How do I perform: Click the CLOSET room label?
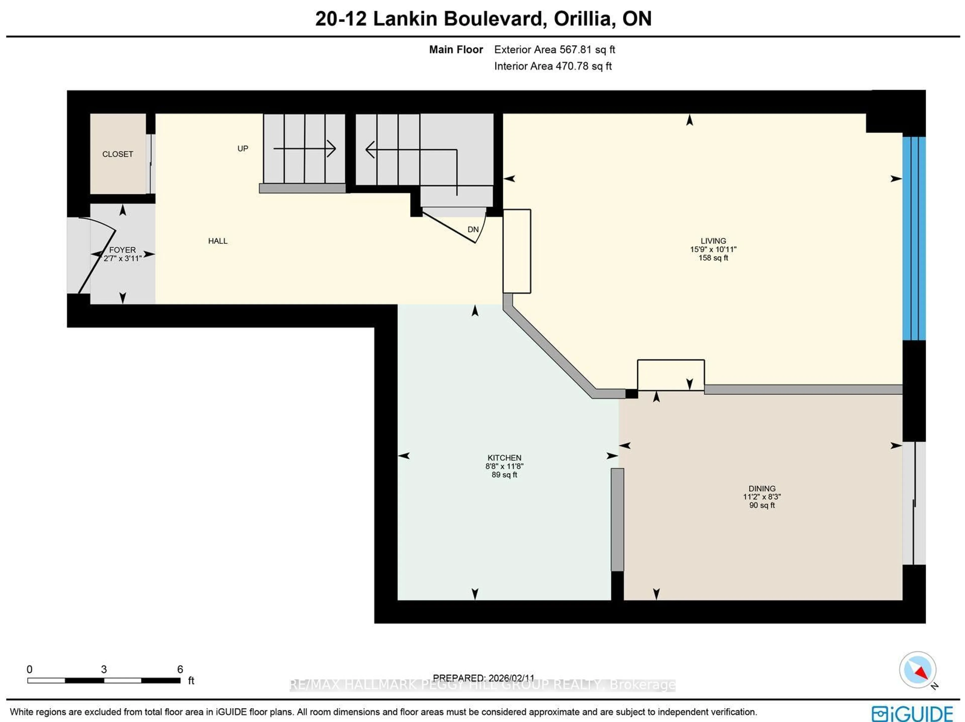tap(117, 154)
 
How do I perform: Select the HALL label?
tap(218, 241)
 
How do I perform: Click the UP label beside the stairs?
tap(243, 148)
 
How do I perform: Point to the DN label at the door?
tap(473, 229)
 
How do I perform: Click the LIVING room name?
tap(713, 241)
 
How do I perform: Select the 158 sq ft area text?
tap(713, 258)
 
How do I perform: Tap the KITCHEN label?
tap(504, 458)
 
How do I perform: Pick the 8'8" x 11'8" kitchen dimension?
tap(504, 466)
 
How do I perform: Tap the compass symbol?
tap(918, 669)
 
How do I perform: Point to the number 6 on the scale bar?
tap(180, 669)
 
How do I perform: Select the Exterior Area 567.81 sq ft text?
tap(554, 50)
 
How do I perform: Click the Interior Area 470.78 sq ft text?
tap(553, 66)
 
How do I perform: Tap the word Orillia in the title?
tap(585, 19)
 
